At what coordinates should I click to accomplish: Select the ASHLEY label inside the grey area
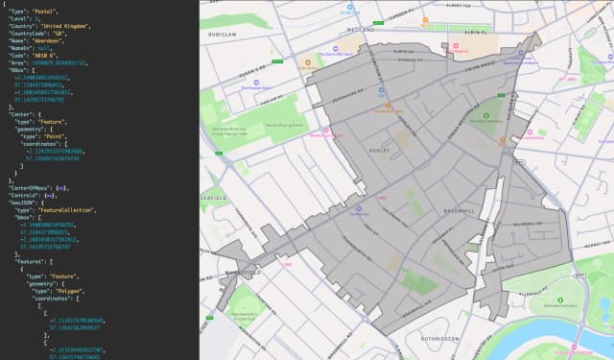click(379, 152)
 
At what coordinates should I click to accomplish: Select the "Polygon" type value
click(81, 285)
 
